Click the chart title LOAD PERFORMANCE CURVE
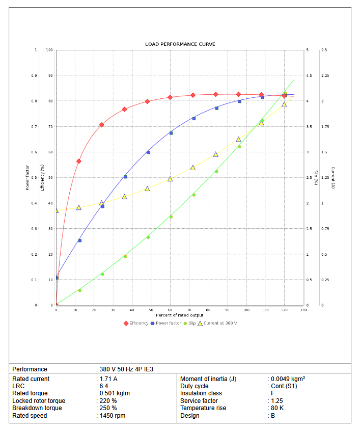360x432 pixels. pyautogui.click(x=180, y=44)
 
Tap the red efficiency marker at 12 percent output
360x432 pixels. pyautogui.click(x=79, y=161)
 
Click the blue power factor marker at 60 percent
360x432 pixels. pyautogui.click(x=171, y=133)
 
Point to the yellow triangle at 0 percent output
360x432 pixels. pyautogui.click(x=57, y=210)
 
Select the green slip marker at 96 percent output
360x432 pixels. pyautogui.click(x=239, y=147)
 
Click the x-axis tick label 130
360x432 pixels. pyautogui.click(x=304, y=310)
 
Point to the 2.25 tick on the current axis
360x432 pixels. pyautogui.click(x=325, y=75)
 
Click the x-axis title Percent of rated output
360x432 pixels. pyautogui.click(x=180, y=315)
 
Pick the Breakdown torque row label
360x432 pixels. pyautogui.click(x=37, y=408)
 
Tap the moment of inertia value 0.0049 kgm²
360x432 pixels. pyautogui.click(x=288, y=379)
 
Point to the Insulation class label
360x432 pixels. pyautogui.click(x=201, y=393)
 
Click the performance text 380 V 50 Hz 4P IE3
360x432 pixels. pyautogui.click(x=126, y=369)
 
